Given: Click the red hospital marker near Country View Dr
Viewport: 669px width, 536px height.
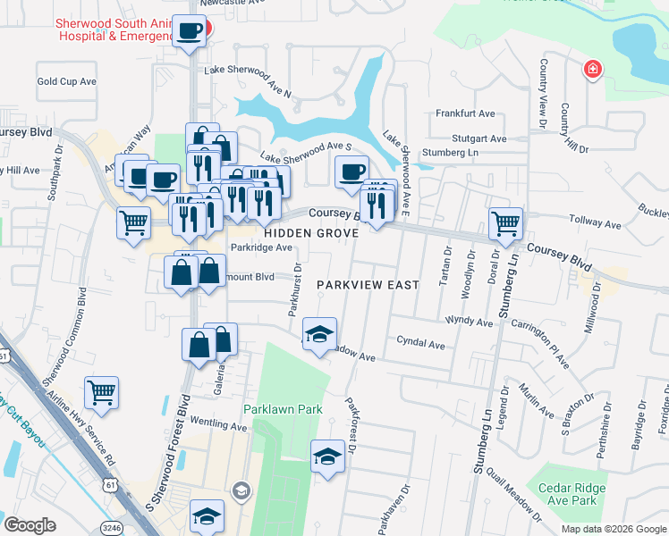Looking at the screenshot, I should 592,70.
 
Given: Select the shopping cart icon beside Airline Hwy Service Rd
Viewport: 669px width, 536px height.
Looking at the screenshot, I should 102,392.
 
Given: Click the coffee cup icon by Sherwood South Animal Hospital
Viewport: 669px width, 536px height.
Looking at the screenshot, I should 190,31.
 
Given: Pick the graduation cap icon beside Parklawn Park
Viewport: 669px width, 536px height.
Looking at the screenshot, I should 327,456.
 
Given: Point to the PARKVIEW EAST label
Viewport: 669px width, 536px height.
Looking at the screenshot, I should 368,285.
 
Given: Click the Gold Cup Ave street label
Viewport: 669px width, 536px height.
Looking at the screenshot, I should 66,81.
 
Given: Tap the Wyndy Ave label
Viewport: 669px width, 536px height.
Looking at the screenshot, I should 470,320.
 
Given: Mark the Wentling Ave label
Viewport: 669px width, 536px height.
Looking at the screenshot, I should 218,427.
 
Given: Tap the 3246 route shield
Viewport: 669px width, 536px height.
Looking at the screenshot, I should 111,528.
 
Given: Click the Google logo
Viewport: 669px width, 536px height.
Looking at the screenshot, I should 30,525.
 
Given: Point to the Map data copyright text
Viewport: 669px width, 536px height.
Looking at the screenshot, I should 614,529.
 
